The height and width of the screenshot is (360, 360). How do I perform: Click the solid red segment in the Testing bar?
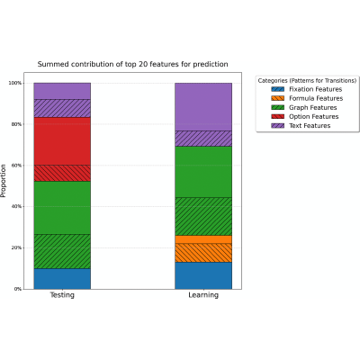pos(62,141)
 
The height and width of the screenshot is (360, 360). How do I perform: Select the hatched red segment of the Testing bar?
pos(62,173)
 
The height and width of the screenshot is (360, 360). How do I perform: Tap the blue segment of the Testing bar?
pos(62,279)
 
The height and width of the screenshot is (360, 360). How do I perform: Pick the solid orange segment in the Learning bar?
pos(203,239)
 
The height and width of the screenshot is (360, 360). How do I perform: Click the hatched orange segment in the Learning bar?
pos(203,253)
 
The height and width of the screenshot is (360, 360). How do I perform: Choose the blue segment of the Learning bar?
pos(203,275)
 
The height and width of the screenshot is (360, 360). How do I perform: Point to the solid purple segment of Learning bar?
pos(203,107)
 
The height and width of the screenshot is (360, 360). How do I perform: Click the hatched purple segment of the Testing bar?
pos(62,108)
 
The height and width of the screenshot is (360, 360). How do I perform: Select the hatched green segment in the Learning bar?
pos(203,216)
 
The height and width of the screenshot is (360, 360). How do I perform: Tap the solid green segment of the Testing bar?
pos(62,208)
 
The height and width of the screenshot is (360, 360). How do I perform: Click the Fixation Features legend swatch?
pos(277,89)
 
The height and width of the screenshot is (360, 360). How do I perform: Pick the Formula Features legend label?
pos(316,98)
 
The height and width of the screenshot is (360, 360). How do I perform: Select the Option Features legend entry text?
pos(314,116)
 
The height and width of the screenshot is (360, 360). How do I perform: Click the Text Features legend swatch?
pos(277,126)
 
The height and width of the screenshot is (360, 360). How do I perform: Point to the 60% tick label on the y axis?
pos(16,166)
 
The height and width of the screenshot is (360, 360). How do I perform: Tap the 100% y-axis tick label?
pos(15,83)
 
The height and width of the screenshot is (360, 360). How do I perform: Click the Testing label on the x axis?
pos(62,295)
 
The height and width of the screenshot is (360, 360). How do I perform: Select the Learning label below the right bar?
pos(203,295)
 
